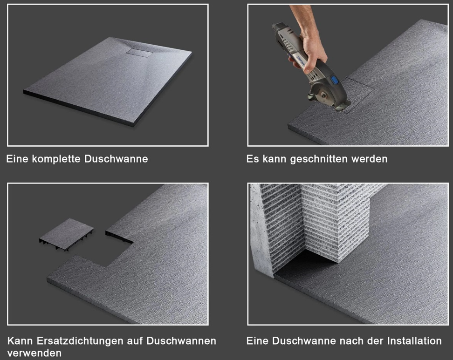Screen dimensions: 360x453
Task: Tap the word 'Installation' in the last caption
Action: pyautogui.click(x=414, y=340)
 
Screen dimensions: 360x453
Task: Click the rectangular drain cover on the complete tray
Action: pyautogui.click(x=139, y=52)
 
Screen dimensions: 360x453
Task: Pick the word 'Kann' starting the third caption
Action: pyautogui.click(x=19, y=340)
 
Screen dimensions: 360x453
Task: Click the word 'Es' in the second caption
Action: pyautogui.click(x=252, y=159)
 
